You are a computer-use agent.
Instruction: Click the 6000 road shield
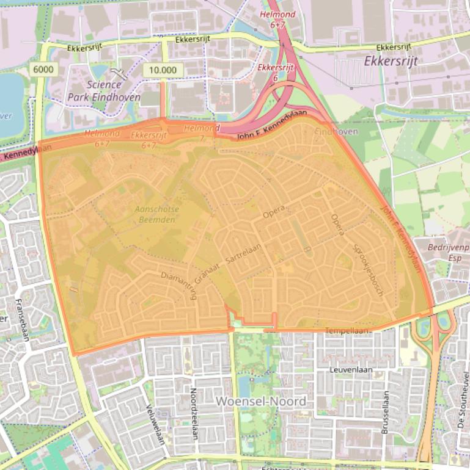point(43,70)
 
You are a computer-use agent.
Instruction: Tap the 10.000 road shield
point(162,70)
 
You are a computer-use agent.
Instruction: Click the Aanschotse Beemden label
point(158,214)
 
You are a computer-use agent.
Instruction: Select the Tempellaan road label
point(348,331)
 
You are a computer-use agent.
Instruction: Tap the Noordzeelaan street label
point(194,414)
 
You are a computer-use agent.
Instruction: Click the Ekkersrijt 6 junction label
point(273,72)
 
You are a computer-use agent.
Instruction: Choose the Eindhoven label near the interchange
point(336,132)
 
